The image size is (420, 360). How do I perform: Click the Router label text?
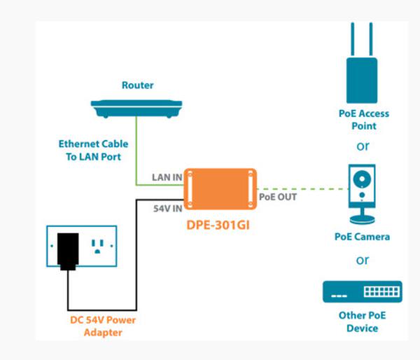137,85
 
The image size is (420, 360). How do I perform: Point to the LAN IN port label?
167,177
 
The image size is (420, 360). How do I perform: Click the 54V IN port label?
167,208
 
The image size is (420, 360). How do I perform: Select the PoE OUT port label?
278,197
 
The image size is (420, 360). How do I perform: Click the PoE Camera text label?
362,237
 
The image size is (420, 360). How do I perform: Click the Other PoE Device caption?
362,321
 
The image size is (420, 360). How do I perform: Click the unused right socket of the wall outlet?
97,247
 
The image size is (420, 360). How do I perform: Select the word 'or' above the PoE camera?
362,147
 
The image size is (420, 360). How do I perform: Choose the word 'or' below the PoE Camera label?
362,261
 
